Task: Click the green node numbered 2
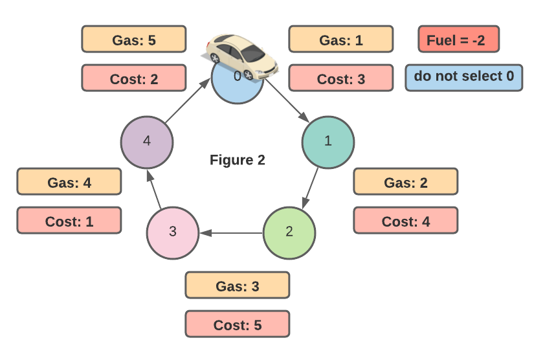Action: click(x=289, y=232)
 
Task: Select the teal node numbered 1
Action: click(x=328, y=142)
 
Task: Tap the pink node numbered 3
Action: click(x=172, y=232)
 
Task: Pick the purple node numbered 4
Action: click(x=147, y=142)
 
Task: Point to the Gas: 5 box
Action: click(x=134, y=39)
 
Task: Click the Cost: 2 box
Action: click(x=134, y=78)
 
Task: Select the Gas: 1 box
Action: click(x=340, y=39)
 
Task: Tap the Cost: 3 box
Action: click(x=340, y=78)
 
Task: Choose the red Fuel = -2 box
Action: click(x=458, y=39)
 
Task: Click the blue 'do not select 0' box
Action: click(x=463, y=77)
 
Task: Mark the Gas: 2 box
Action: click(x=405, y=182)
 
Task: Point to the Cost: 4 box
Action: click(x=405, y=221)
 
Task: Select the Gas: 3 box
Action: click(x=237, y=285)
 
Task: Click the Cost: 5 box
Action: click(x=237, y=324)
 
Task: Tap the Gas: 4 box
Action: click(x=69, y=182)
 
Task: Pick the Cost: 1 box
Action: click(x=69, y=221)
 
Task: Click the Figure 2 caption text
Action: click(x=237, y=159)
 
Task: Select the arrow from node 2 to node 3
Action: click(x=230, y=232)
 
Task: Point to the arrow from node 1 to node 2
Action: click(x=309, y=187)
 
